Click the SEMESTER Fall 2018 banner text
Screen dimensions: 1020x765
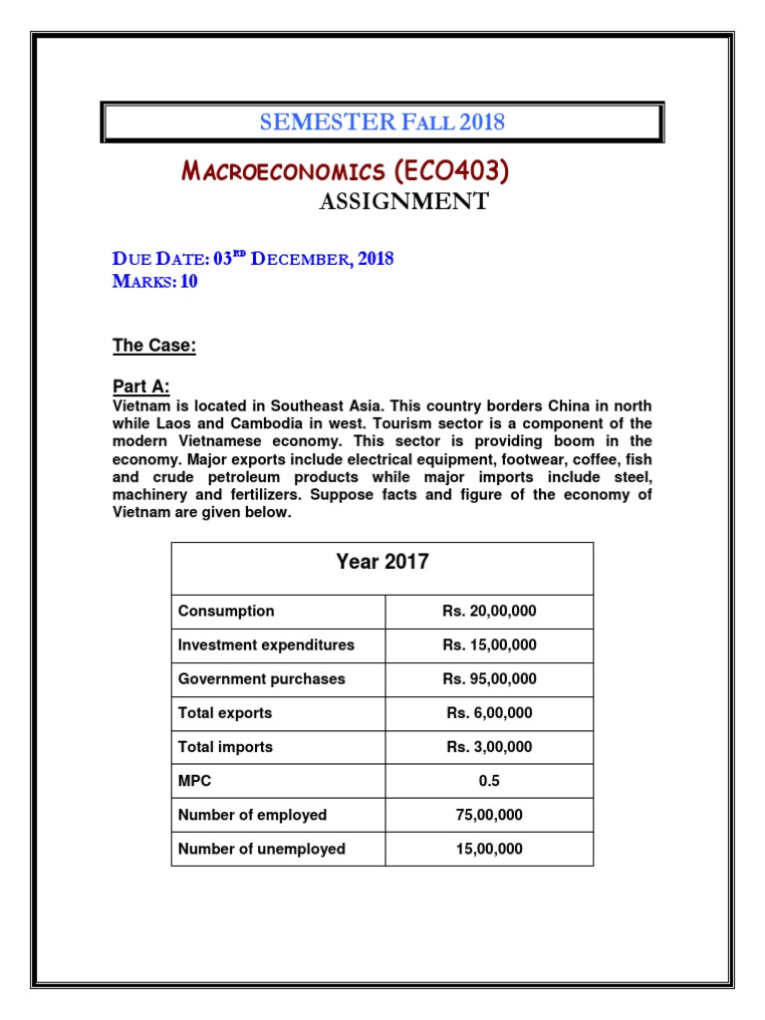[382, 123]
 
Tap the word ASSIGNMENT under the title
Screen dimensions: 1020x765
[403, 202]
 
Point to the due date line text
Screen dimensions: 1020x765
[253, 259]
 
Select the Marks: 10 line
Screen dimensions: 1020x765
[154, 282]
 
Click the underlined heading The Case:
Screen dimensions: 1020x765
[153, 346]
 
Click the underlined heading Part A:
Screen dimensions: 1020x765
[139, 386]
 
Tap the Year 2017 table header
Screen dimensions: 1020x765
[382, 562]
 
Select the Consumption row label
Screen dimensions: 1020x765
[226, 612]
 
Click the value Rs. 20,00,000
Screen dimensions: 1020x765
[489, 612]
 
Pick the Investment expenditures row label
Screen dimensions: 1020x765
[266, 645]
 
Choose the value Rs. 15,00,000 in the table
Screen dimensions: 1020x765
[489, 645]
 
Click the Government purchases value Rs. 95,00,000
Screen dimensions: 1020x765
[489, 679]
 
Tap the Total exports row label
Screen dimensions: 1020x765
[225, 713]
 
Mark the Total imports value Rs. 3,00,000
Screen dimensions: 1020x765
[489, 747]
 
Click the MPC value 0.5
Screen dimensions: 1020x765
[489, 781]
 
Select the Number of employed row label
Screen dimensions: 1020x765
[252, 815]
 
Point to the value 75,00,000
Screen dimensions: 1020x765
[489, 815]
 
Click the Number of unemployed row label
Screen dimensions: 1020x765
[262, 849]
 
